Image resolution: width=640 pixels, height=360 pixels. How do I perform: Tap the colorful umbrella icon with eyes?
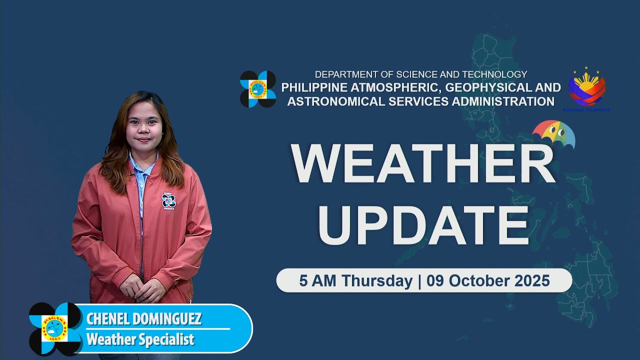pyautogui.click(x=553, y=133)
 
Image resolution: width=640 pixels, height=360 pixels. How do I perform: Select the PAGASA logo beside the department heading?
pyautogui.click(x=258, y=89)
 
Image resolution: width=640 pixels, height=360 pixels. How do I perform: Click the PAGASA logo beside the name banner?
pyautogui.click(x=55, y=328)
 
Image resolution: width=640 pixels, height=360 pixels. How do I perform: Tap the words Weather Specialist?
pyautogui.click(x=140, y=340)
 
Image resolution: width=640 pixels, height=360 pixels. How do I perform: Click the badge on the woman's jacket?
pyautogui.click(x=168, y=201)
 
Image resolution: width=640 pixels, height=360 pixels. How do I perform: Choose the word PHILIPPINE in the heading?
pyautogui.click(x=313, y=87)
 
